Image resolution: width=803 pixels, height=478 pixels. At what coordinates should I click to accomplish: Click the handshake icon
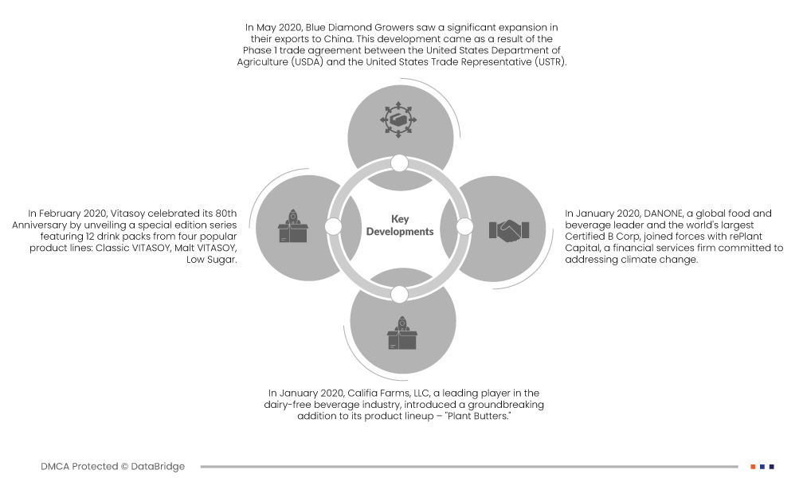[x=509, y=230]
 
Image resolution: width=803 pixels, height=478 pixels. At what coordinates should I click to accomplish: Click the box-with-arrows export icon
[x=398, y=119]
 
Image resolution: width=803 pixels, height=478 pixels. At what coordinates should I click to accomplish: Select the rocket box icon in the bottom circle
[x=402, y=333]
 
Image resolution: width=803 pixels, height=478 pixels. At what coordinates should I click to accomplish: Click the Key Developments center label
[x=400, y=225]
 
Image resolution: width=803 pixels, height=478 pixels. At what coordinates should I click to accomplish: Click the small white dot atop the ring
[x=399, y=163]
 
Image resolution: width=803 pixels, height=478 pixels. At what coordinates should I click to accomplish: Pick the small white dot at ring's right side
[x=464, y=226]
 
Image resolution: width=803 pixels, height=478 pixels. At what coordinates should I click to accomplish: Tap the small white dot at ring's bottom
[x=399, y=295]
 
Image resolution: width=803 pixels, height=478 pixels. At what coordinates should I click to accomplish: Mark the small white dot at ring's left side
[x=333, y=226]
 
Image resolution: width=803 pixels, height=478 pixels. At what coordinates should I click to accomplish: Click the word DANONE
[x=663, y=214]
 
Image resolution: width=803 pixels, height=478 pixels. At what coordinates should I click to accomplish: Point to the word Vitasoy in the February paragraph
[x=127, y=214]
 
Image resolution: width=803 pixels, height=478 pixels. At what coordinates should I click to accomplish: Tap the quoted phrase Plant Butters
[x=478, y=416]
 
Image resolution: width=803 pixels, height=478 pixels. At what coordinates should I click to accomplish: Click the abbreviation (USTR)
[x=550, y=62]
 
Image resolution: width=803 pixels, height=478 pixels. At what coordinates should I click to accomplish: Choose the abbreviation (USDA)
[x=307, y=62]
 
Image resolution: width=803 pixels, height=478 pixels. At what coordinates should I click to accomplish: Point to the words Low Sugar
[x=212, y=260]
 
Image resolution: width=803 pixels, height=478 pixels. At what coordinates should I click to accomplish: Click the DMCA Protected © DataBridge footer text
[x=112, y=467]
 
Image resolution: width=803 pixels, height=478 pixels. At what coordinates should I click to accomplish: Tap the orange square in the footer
[x=753, y=467]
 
